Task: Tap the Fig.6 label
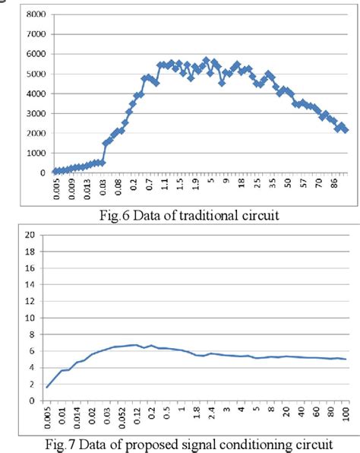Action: point(117,215)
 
